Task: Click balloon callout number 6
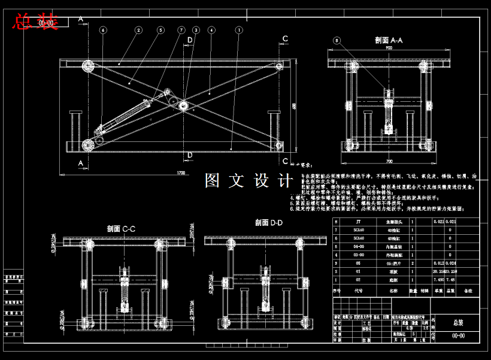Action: [103, 29]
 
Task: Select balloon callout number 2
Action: [138, 29]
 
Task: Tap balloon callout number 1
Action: [239, 29]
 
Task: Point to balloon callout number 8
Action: [337, 41]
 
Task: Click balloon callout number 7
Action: [181, 29]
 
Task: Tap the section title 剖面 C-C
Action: [121, 229]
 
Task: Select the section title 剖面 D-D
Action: [269, 223]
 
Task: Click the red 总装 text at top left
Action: [35, 22]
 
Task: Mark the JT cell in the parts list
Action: [359, 222]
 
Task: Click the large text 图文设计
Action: [248, 180]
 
